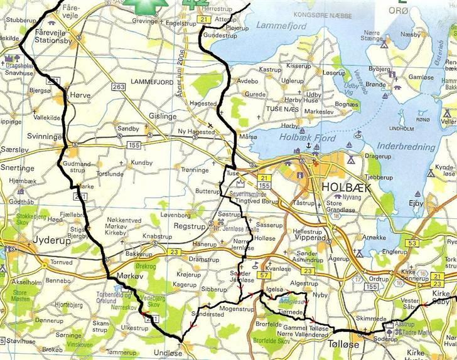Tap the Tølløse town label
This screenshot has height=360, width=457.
[340, 344]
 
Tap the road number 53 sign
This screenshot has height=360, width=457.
[412, 243]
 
